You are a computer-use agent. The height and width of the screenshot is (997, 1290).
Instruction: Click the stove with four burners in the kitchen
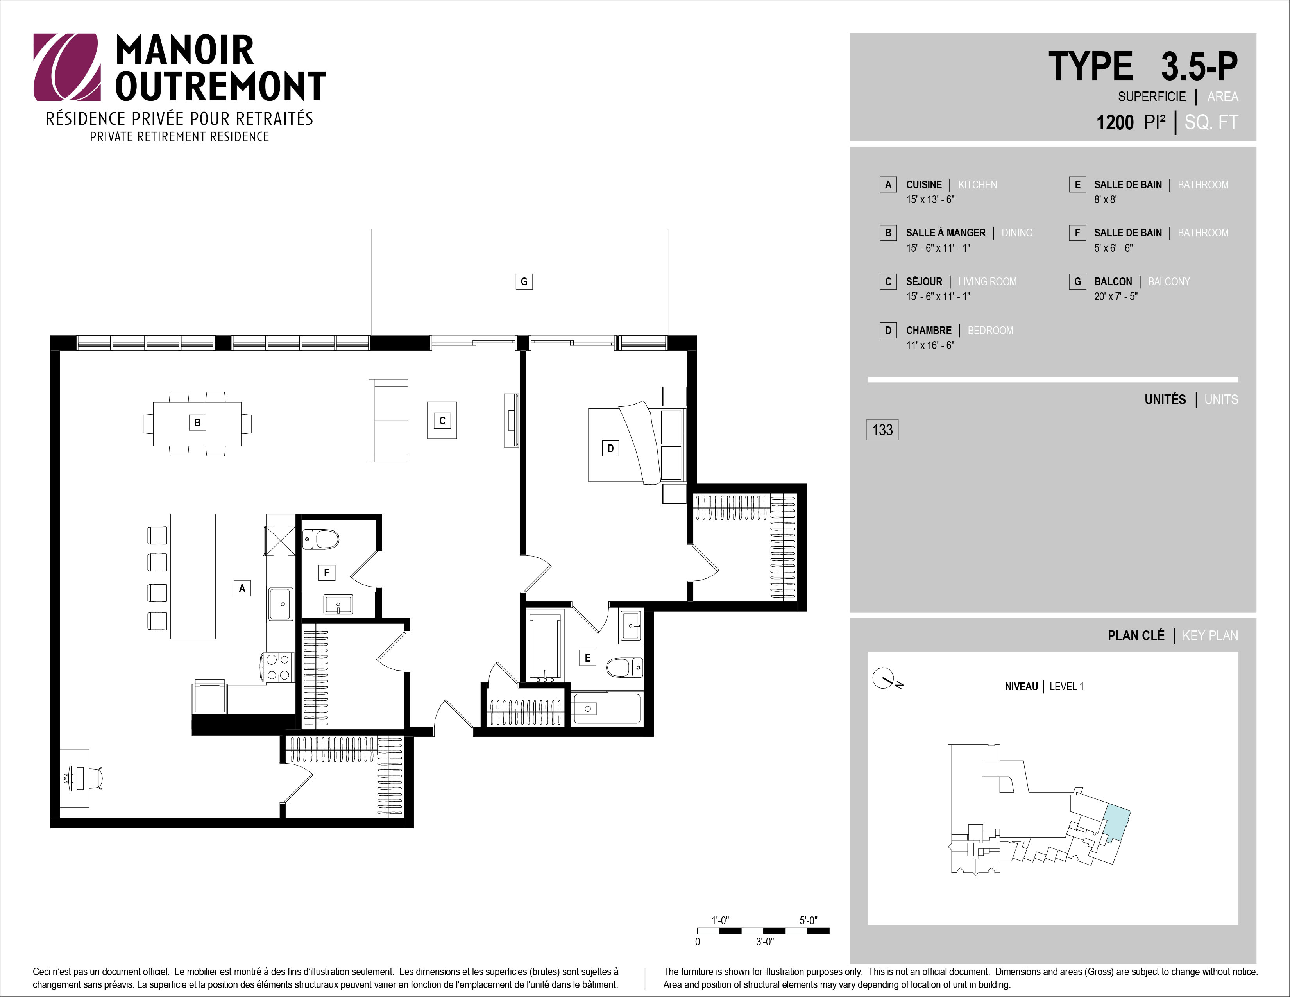(x=277, y=668)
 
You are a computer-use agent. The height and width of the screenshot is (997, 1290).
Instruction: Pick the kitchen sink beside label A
(x=281, y=604)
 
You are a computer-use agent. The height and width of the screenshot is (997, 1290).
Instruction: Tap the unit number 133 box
(x=882, y=430)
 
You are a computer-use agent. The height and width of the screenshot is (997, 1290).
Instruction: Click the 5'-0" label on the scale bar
(x=808, y=920)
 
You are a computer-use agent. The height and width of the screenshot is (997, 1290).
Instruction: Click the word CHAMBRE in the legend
(x=929, y=331)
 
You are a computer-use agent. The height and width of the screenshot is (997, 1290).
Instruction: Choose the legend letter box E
(x=1077, y=185)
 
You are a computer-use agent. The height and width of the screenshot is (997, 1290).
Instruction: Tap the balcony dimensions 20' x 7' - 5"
(x=1116, y=297)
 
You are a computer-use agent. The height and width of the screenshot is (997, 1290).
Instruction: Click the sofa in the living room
(x=388, y=421)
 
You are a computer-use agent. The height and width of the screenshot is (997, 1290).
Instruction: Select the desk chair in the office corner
(x=96, y=778)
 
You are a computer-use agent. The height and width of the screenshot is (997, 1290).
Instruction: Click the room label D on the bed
(x=610, y=448)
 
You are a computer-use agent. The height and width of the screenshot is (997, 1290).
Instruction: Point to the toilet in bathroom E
(x=624, y=668)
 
